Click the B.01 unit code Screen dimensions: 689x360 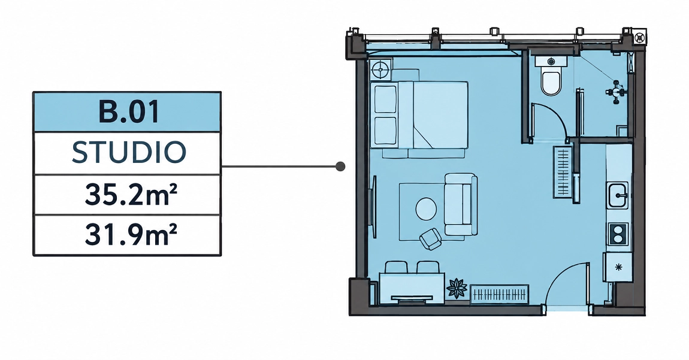pos(129,112)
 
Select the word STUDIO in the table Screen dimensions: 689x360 pos(129,153)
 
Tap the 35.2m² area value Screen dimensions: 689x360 pos(131,194)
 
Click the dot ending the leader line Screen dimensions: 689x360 pos(340,167)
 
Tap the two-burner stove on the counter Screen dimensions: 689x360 pos(618,234)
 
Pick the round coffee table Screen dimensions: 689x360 pos(426,209)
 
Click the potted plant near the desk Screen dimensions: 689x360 pos(457,288)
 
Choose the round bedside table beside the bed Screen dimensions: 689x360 pos(380,70)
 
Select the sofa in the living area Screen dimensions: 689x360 pos(461,204)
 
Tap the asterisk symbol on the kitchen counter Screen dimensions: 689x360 pos(619,267)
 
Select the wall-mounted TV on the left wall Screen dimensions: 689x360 pos(374,207)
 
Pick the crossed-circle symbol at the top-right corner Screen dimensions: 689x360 pos(640,37)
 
